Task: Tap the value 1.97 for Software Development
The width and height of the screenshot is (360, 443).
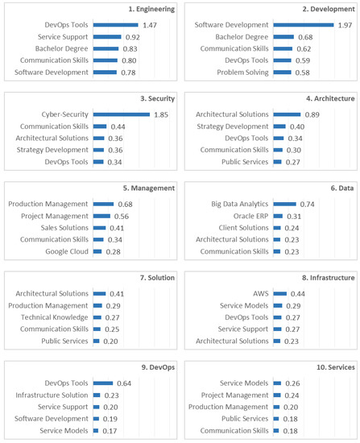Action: point(345,26)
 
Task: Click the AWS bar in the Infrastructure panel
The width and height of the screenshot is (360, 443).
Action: point(279,293)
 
